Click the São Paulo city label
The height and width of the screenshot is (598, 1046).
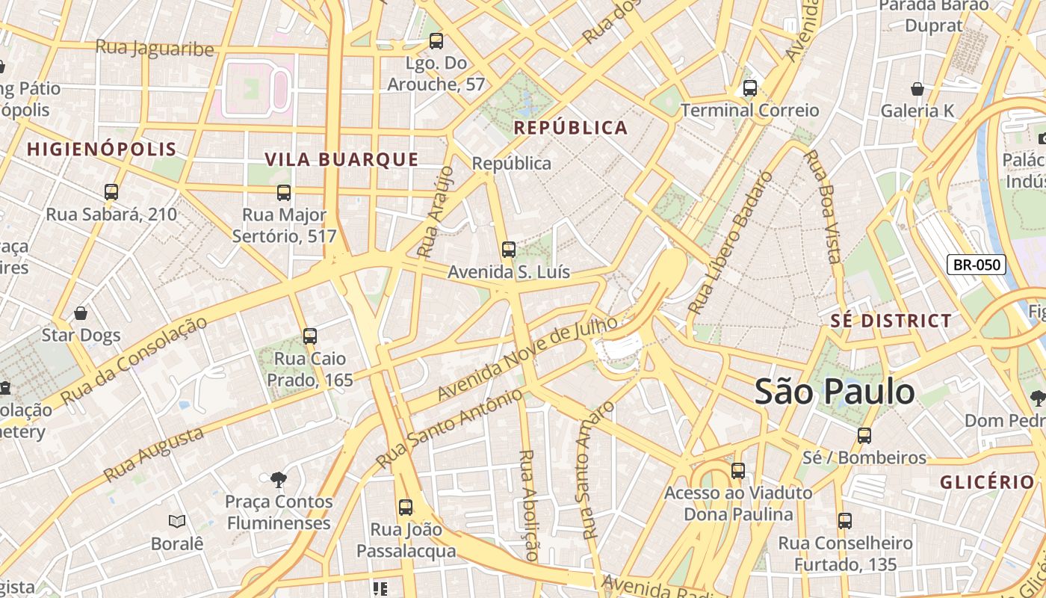834,392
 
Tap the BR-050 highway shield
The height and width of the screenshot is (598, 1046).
977,265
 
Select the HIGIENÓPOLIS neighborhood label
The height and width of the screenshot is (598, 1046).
102,149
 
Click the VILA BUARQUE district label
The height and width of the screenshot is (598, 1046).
341,159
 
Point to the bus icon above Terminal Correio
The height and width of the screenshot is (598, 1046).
749,88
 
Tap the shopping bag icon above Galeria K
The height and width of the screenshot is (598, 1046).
917,89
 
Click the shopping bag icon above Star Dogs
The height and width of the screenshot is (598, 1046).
81,313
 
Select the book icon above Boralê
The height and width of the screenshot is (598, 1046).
177,521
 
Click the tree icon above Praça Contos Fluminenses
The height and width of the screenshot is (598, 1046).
278,478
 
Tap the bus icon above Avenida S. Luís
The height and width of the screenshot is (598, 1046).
509,250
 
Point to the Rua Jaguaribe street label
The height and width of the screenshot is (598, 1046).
155,49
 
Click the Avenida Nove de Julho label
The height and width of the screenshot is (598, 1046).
527,358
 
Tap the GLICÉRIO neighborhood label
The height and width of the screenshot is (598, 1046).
987,482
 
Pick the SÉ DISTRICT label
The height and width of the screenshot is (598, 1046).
891,321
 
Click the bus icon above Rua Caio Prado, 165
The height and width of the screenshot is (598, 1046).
310,336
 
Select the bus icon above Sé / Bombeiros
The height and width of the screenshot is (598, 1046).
864,435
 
